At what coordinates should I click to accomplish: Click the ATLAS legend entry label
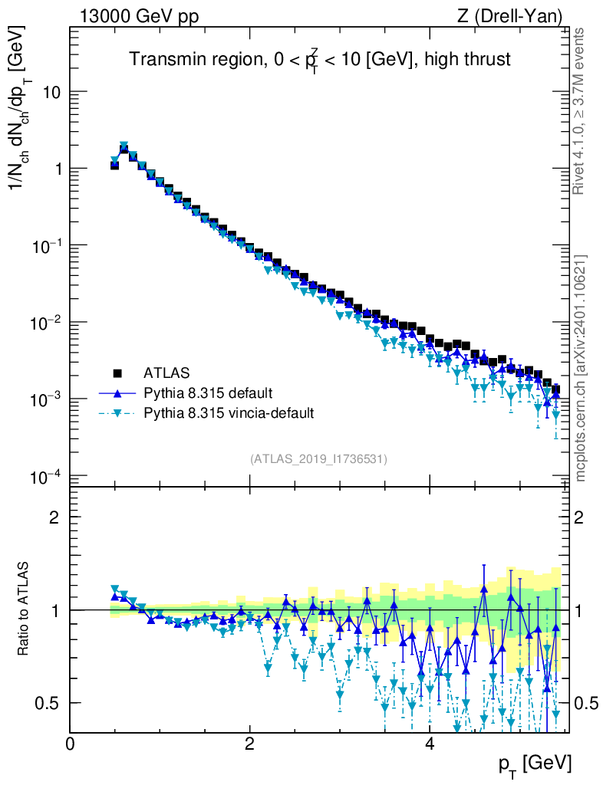pyautogui.click(x=166, y=373)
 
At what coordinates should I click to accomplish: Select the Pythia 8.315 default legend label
pyautogui.click(x=208, y=393)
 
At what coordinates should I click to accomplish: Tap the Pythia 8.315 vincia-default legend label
pyautogui.click(x=229, y=413)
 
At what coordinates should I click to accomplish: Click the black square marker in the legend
pyautogui.click(x=117, y=373)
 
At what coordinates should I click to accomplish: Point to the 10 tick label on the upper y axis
pyautogui.click(x=51, y=93)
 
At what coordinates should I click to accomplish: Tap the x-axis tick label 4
pyautogui.click(x=429, y=743)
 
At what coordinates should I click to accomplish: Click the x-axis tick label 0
pyautogui.click(x=70, y=743)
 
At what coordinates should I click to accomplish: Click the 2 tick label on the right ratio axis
pyautogui.click(x=579, y=517)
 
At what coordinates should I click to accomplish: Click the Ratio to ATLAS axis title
pyautogui.click(x=23, y=609)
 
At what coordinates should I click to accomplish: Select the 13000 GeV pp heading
pyautogui.click(x=139, y=17)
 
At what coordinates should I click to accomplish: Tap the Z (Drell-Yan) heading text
pyautogui.click(x=509, y=17)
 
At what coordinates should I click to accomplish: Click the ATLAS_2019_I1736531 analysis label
pyautogui.click(x=318, y=459)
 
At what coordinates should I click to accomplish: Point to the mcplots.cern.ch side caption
pyautogui.click(x=581, y=369)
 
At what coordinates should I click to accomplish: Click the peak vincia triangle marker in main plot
pyautogui.click(x=124, y=145)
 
